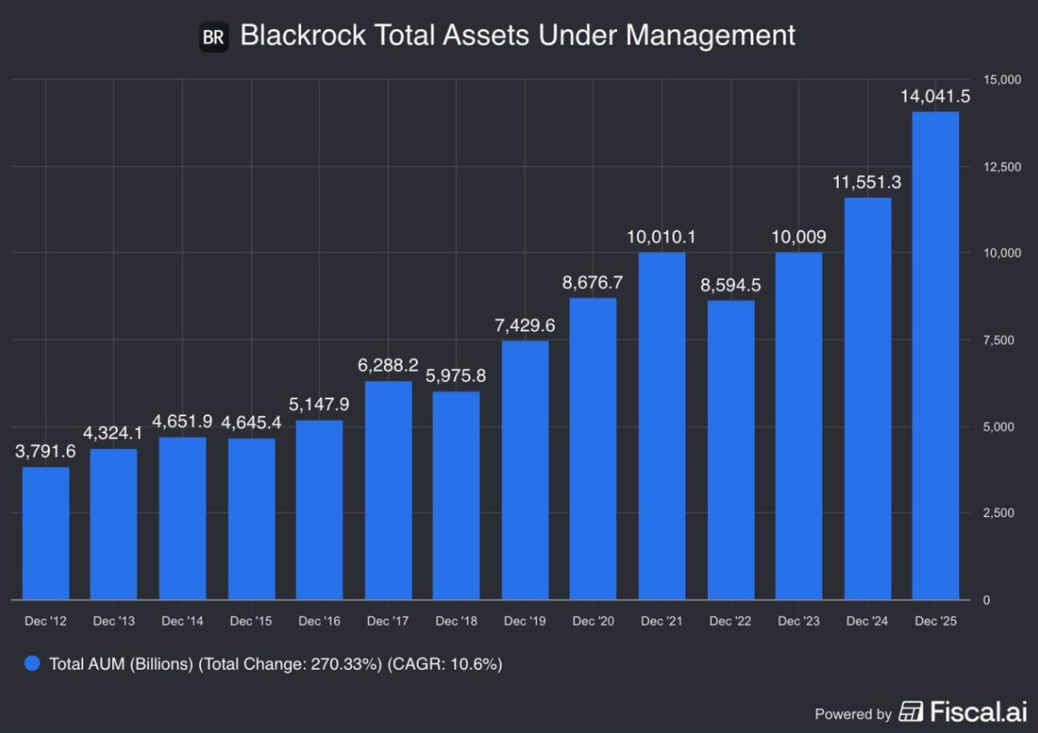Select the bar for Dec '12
pyautogui.click(x=45, y=533)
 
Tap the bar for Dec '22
pyautogui.click(x=730, y=450)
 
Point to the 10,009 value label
pyautogui.click(x=798, y=236)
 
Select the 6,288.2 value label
pyautogui.click(x=388, y=366)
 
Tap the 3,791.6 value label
pyautogui.click(x=45, y=451)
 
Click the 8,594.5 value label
pyautogui.click(x=730, y=285)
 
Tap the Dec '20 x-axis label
pyautogui.click(x=593, y=621)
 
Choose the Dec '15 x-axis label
pyautogui.click(x=251, y=621)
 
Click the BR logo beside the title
pyautogui.click(x=213, y=38)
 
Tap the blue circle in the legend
pyautogui.click(x=33, y=664)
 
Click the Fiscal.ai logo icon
pyautogui.click(x=910, y=712)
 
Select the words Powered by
pyautogui.click(x=852, y=714)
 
